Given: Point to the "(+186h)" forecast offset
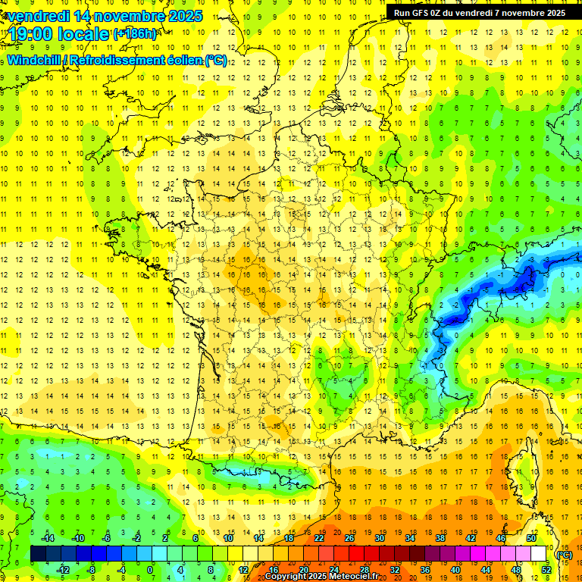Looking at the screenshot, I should coord(135,33).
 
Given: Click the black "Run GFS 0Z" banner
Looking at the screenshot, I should coord(479,12).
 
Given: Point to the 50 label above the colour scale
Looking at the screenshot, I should coord(531,538).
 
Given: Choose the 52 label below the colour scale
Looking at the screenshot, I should coord(546,570).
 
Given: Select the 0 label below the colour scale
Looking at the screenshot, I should coord(150,570).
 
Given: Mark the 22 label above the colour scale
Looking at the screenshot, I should coord(319,538).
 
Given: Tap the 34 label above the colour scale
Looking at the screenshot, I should coord(410,538).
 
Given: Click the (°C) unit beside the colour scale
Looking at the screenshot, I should coord(563,554).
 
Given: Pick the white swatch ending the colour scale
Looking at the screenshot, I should coord(539,554).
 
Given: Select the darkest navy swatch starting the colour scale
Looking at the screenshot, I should coord(39,554).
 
